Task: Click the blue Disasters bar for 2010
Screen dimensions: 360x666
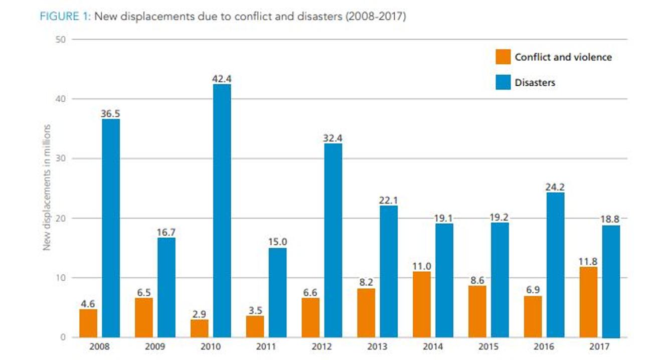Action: click(222, 211)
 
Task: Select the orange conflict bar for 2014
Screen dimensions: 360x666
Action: click(422, 304)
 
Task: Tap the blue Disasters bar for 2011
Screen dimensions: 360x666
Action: click(277, 292)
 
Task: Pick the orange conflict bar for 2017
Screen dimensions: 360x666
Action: click(588, 302)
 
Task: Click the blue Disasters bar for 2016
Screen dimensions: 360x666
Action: click(555, 265)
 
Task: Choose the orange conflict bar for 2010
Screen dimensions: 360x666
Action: click(199, 328)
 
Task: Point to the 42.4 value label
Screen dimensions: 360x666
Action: click(222, 79)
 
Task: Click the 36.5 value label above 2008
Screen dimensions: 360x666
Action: click(110, 113)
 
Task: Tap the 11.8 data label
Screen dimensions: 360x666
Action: click(588, 261)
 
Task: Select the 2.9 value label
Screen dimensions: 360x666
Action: click(199, 314)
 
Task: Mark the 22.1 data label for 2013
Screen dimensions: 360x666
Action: click(389, 200)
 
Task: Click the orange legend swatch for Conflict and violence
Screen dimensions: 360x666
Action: click(503, 57)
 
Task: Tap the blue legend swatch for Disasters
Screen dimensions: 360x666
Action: click(503, 82)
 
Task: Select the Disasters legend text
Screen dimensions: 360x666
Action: click(535, 83)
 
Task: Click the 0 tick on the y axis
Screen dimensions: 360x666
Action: click(63, 337)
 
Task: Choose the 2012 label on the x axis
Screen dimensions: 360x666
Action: click(322, 347)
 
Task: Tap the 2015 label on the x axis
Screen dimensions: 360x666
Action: click(489, 347)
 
